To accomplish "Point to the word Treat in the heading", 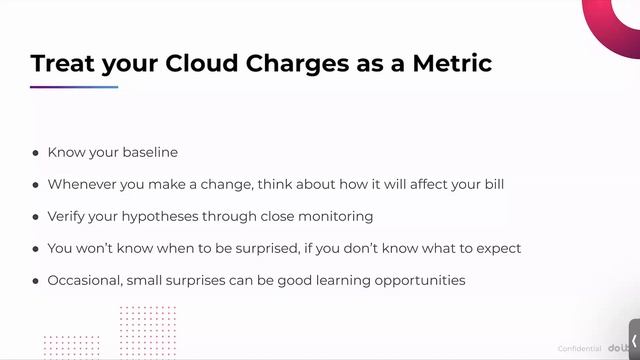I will click(63, 63).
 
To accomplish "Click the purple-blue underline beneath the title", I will click(74, 87).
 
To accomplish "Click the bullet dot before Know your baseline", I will click(36, 153).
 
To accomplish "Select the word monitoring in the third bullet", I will click(335, 216).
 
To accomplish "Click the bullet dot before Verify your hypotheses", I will click(36, 217).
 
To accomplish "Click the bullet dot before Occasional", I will click(36, 281).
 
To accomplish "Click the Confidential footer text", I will click(579, 348).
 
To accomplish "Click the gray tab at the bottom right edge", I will click(634, 340).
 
